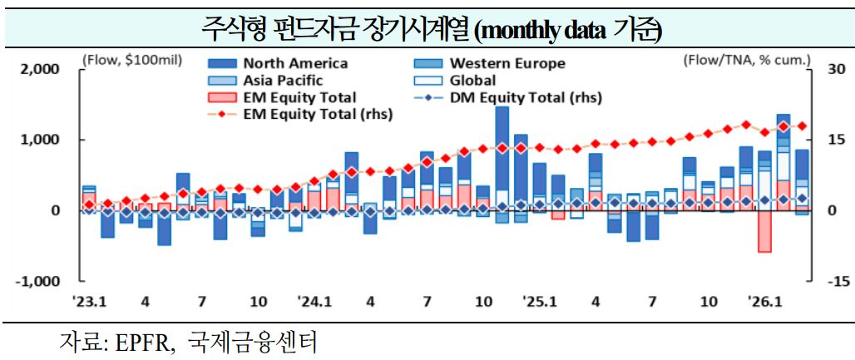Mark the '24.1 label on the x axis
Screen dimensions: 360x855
(314, 301)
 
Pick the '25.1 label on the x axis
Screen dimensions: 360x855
(539, 301)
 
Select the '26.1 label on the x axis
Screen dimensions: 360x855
(764, 301)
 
